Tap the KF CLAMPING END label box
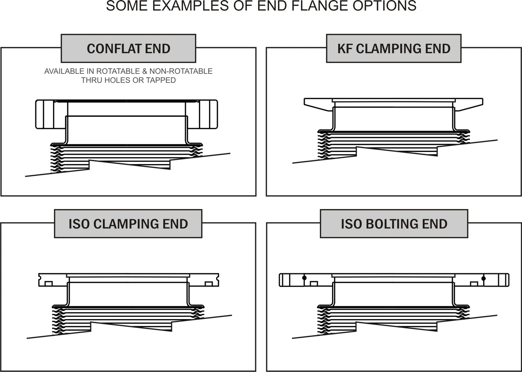[x=394, y=49]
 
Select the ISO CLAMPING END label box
[x=128, y=224]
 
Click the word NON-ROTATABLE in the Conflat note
[x=181, y=71]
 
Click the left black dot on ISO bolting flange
[x=304, y=278]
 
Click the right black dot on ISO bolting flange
[x=483, y=278]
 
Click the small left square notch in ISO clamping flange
[x=49, y=284]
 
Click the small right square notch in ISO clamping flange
[x=209, y=284]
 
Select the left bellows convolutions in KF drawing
[x=324, y=145]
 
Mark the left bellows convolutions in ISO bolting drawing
[x=324, y=320]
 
